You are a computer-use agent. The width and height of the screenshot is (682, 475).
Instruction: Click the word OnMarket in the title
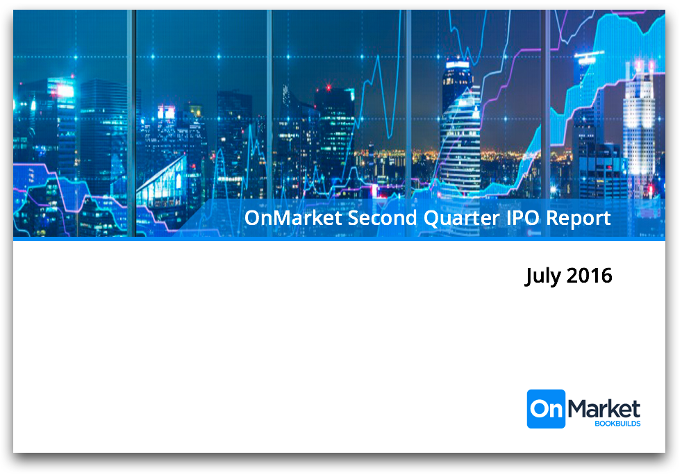293,217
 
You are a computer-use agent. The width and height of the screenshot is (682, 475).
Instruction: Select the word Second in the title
382,217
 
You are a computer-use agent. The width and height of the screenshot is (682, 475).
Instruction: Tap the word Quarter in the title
461,218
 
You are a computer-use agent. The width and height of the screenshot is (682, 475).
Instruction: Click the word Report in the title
578,219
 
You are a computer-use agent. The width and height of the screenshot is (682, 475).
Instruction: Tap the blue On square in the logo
546,409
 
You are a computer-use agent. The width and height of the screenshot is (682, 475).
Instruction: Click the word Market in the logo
604,409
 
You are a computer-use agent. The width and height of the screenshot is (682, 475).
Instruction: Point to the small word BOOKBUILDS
617,424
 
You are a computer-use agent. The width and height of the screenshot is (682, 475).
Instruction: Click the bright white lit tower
638,131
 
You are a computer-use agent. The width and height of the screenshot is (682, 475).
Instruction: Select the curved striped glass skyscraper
460,139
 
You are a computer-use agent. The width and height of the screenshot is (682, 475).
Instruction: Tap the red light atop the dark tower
328,87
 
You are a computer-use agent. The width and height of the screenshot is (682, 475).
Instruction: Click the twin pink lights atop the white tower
644,66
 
